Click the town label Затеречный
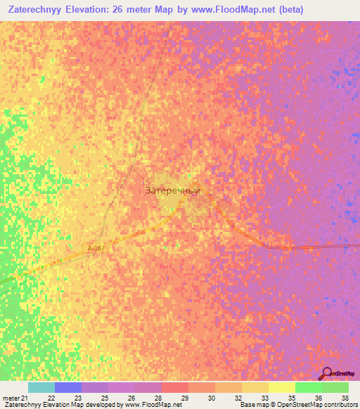click(173, 190)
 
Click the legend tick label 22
click(51, 397)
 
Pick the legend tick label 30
click(212, 397)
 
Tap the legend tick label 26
click(131, 397)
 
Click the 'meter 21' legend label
click(14, 397)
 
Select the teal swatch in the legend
click(41, 387)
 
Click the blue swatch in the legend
click(67, 387)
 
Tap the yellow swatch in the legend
click(281, 387)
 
